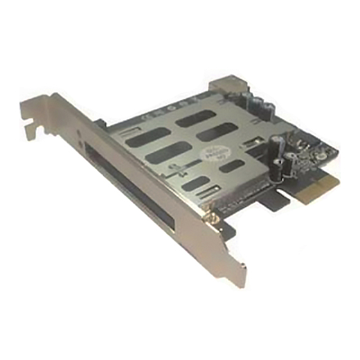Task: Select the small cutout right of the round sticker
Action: pyautogui.click(x=233, y=166)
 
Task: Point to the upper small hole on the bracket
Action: pyautogui.click(x=79, y=137)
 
